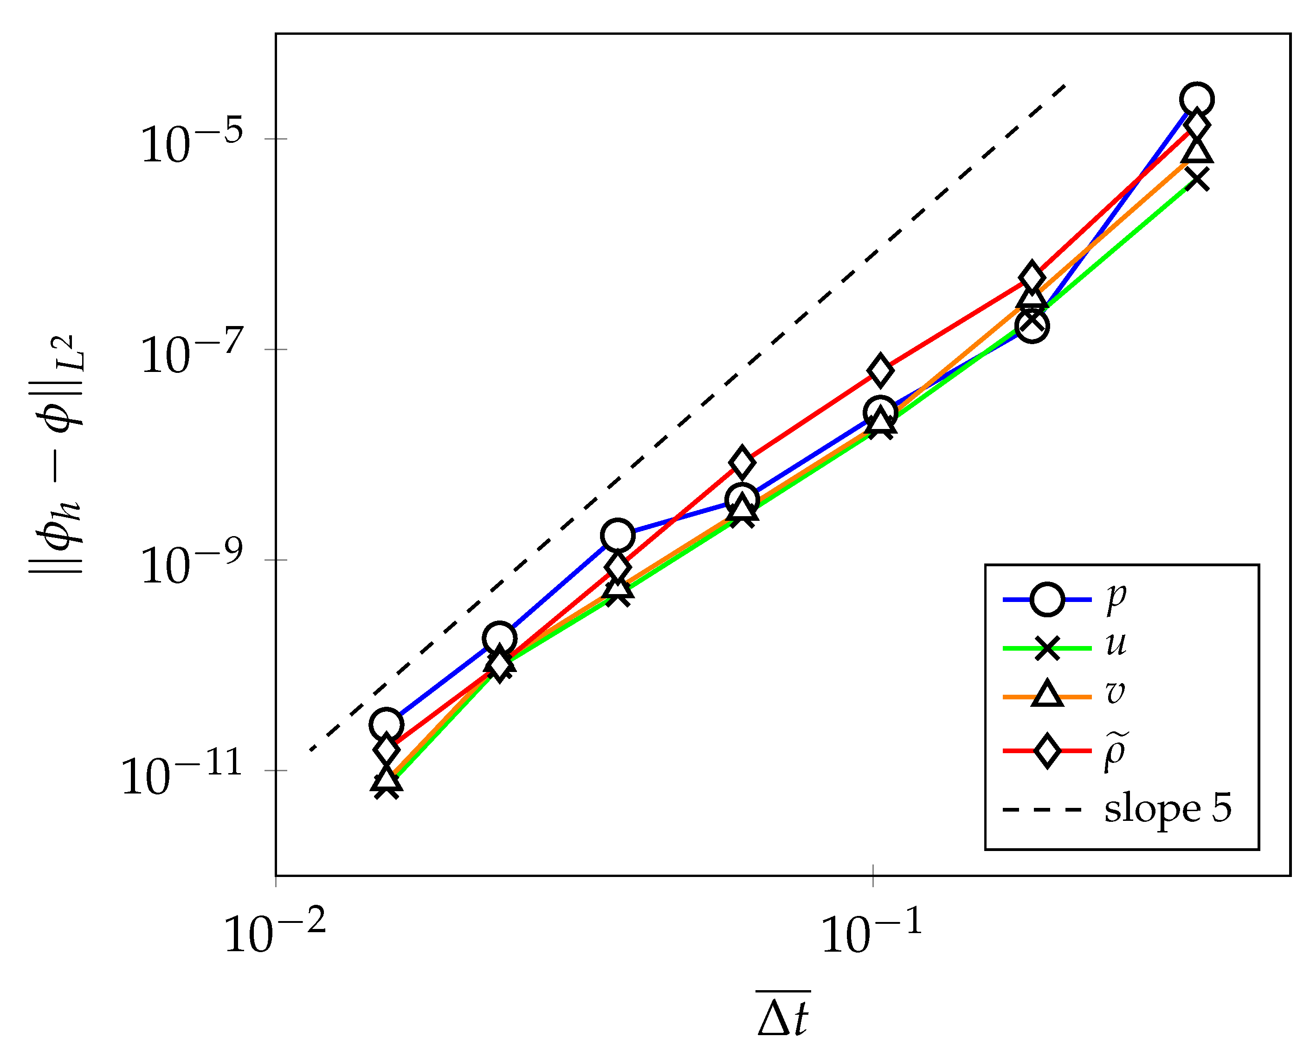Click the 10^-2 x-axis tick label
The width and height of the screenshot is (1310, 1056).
tap(275, 932)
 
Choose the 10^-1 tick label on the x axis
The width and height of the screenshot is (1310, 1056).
tap(872, 932)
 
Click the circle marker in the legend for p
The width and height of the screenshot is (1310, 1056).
tap(1047, 600)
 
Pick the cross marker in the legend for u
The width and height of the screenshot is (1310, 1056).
tap(1047, 648)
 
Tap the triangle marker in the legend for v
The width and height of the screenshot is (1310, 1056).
tap(1047, 694)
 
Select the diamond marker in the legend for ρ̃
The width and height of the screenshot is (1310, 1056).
tap(1047, 751)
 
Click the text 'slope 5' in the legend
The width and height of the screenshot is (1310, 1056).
tap(1168, 809)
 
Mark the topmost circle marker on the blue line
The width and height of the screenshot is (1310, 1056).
tap(1197, 99)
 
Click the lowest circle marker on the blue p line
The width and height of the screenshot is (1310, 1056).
tap(386, 725)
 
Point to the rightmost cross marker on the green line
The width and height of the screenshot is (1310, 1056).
tap(1197, 179)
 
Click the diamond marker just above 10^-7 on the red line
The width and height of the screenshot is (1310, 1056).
tap(880, 370)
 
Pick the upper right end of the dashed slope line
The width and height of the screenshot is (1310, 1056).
tap(1065, 85)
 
